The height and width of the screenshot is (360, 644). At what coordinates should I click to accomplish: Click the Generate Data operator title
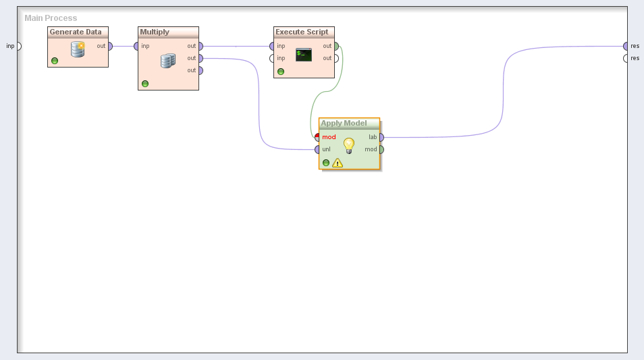click(x=76, y=32)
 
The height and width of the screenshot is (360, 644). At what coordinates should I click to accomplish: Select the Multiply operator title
click(x=155, y=32)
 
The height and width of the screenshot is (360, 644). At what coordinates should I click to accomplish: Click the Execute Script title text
click(x=302, y=32)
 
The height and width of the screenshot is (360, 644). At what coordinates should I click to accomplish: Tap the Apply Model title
click(x=344, y=123)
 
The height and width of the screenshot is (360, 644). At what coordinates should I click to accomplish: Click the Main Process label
click(x=51, y=18)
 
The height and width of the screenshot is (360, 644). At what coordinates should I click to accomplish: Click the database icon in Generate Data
click(x=78, y=49)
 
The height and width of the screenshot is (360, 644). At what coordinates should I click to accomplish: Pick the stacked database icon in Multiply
click(x=168, y=61)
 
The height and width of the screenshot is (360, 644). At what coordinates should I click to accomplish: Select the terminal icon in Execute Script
click(x=304, y=55)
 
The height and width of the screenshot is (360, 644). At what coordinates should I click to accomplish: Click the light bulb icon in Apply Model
click(x=349, y=145)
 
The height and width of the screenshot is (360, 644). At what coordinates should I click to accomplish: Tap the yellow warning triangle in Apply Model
click(x=338, y=163)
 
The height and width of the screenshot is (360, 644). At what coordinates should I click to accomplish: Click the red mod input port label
click(x=329, y=137)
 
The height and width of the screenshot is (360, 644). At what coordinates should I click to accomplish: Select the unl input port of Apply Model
click(x=317, y=149)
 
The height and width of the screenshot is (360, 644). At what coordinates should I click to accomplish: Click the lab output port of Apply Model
click(x=381, y=137)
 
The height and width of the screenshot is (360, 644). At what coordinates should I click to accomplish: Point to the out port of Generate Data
click(x=110, y=46)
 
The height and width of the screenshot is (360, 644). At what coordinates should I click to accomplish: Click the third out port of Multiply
click(x=200, y=70)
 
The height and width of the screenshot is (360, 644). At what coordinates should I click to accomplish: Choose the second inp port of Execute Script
click(x=272, y=58)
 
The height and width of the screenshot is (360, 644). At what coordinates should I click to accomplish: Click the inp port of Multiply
click(x=136, y=46)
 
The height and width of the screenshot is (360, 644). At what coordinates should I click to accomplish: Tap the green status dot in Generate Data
click(x=55, y=61)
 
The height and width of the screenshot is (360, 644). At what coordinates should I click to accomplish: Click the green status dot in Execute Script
click(x=281, y=71)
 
